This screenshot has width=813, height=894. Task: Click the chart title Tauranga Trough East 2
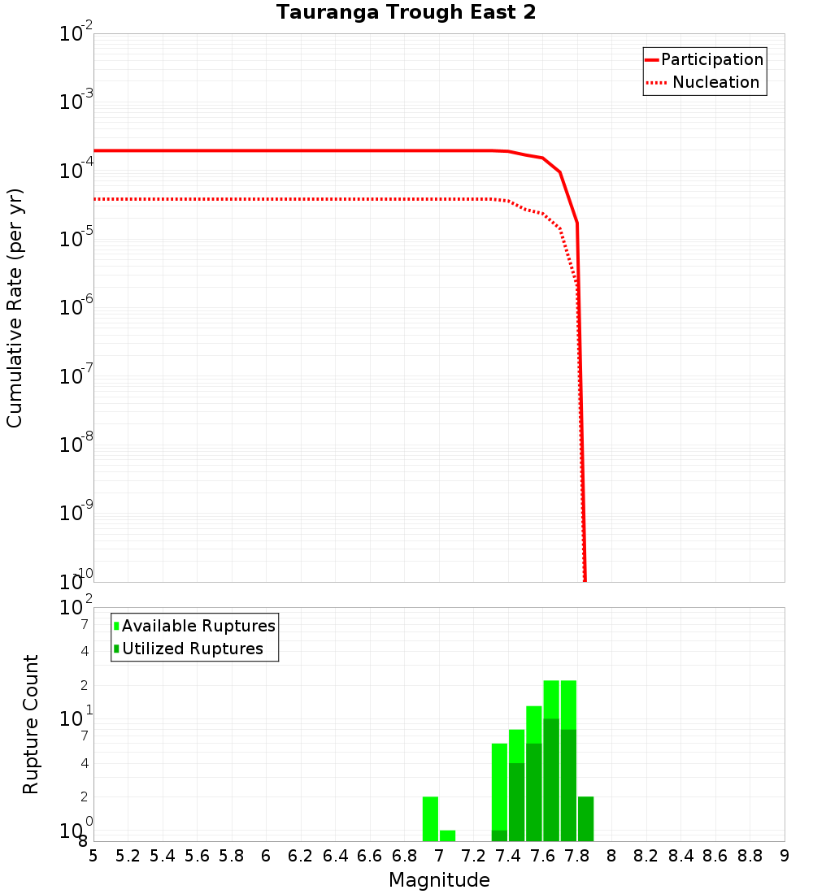click(406, 13)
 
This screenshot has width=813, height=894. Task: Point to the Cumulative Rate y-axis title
click(15, 308)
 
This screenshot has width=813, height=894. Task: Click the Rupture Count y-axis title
click(31, 724)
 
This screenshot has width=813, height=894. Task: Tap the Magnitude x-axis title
click(439, 880)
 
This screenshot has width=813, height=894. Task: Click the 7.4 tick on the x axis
click(508, 856)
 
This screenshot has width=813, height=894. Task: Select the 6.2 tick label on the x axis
click(301, 856)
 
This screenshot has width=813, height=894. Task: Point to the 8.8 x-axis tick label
click(750, 856)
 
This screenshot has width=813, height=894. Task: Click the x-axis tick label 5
click(93, 856)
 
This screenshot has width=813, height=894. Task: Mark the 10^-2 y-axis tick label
click(76, 34)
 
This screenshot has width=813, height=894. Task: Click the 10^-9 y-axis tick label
click(76, 512)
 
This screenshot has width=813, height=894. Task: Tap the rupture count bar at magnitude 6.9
click(430, 818)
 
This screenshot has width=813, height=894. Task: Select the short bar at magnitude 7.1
click(447, 835)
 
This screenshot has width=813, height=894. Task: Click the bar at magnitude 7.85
click(585, 818)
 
